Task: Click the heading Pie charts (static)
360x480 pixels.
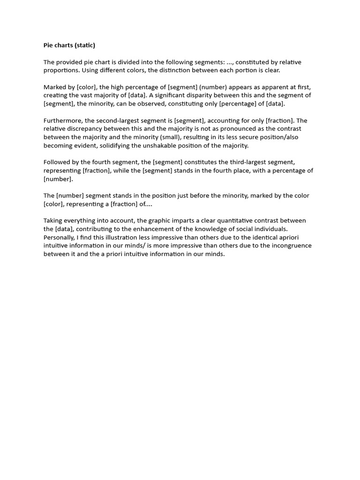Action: (69, 45)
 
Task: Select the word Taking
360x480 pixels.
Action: (53, 221)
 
